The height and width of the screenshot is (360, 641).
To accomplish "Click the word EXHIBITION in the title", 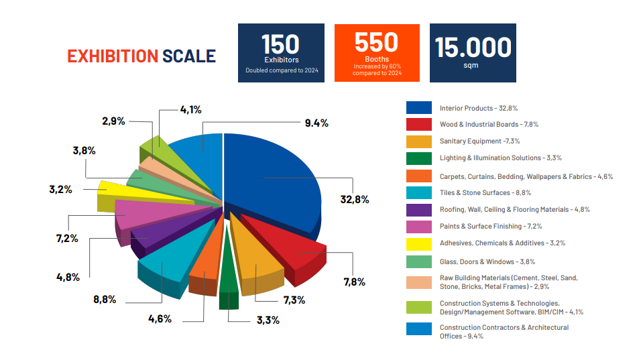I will (x=113, y=56).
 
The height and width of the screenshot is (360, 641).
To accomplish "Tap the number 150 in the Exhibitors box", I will (x=280, y=44).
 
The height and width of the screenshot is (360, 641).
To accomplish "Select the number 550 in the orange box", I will (x=376, y=42).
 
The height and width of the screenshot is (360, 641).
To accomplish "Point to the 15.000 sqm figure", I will (x=473, y=48).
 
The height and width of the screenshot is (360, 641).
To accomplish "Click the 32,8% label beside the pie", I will (x=355, y=199).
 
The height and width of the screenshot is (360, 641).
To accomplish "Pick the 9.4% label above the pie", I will (x=316, y=123).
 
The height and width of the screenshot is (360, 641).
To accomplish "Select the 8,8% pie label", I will (x=105, y=299).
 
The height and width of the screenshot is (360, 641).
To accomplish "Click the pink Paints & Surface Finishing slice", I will (x=144, y=213).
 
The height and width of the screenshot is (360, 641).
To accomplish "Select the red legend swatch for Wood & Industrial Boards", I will (x=418, y=124).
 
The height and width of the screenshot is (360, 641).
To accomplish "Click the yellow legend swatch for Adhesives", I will (x=418, y=243).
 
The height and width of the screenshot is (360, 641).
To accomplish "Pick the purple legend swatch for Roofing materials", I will (x=418, y=209).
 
